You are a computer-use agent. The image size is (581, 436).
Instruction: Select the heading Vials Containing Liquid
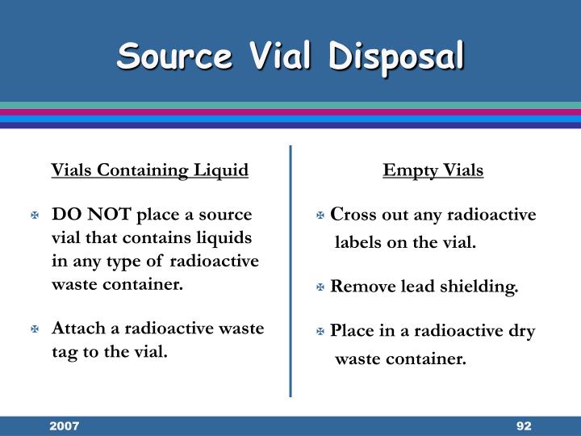click(x=150, y=170)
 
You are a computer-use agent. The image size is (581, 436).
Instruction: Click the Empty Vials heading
click(x=433, y=170)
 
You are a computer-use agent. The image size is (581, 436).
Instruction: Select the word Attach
click(x=77, y=329)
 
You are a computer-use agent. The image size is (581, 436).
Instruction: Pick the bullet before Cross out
click(x=321, y=216)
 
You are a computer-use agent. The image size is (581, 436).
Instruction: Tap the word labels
click(x=359, y=241)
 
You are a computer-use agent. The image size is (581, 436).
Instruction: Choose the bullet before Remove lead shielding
click(x=321, y=287)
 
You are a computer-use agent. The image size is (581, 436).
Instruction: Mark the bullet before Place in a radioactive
click(x=321, y=332)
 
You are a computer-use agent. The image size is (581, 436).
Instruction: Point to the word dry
click(x=521, y=332)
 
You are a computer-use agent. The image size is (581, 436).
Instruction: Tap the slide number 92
click(x=523, y=426)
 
